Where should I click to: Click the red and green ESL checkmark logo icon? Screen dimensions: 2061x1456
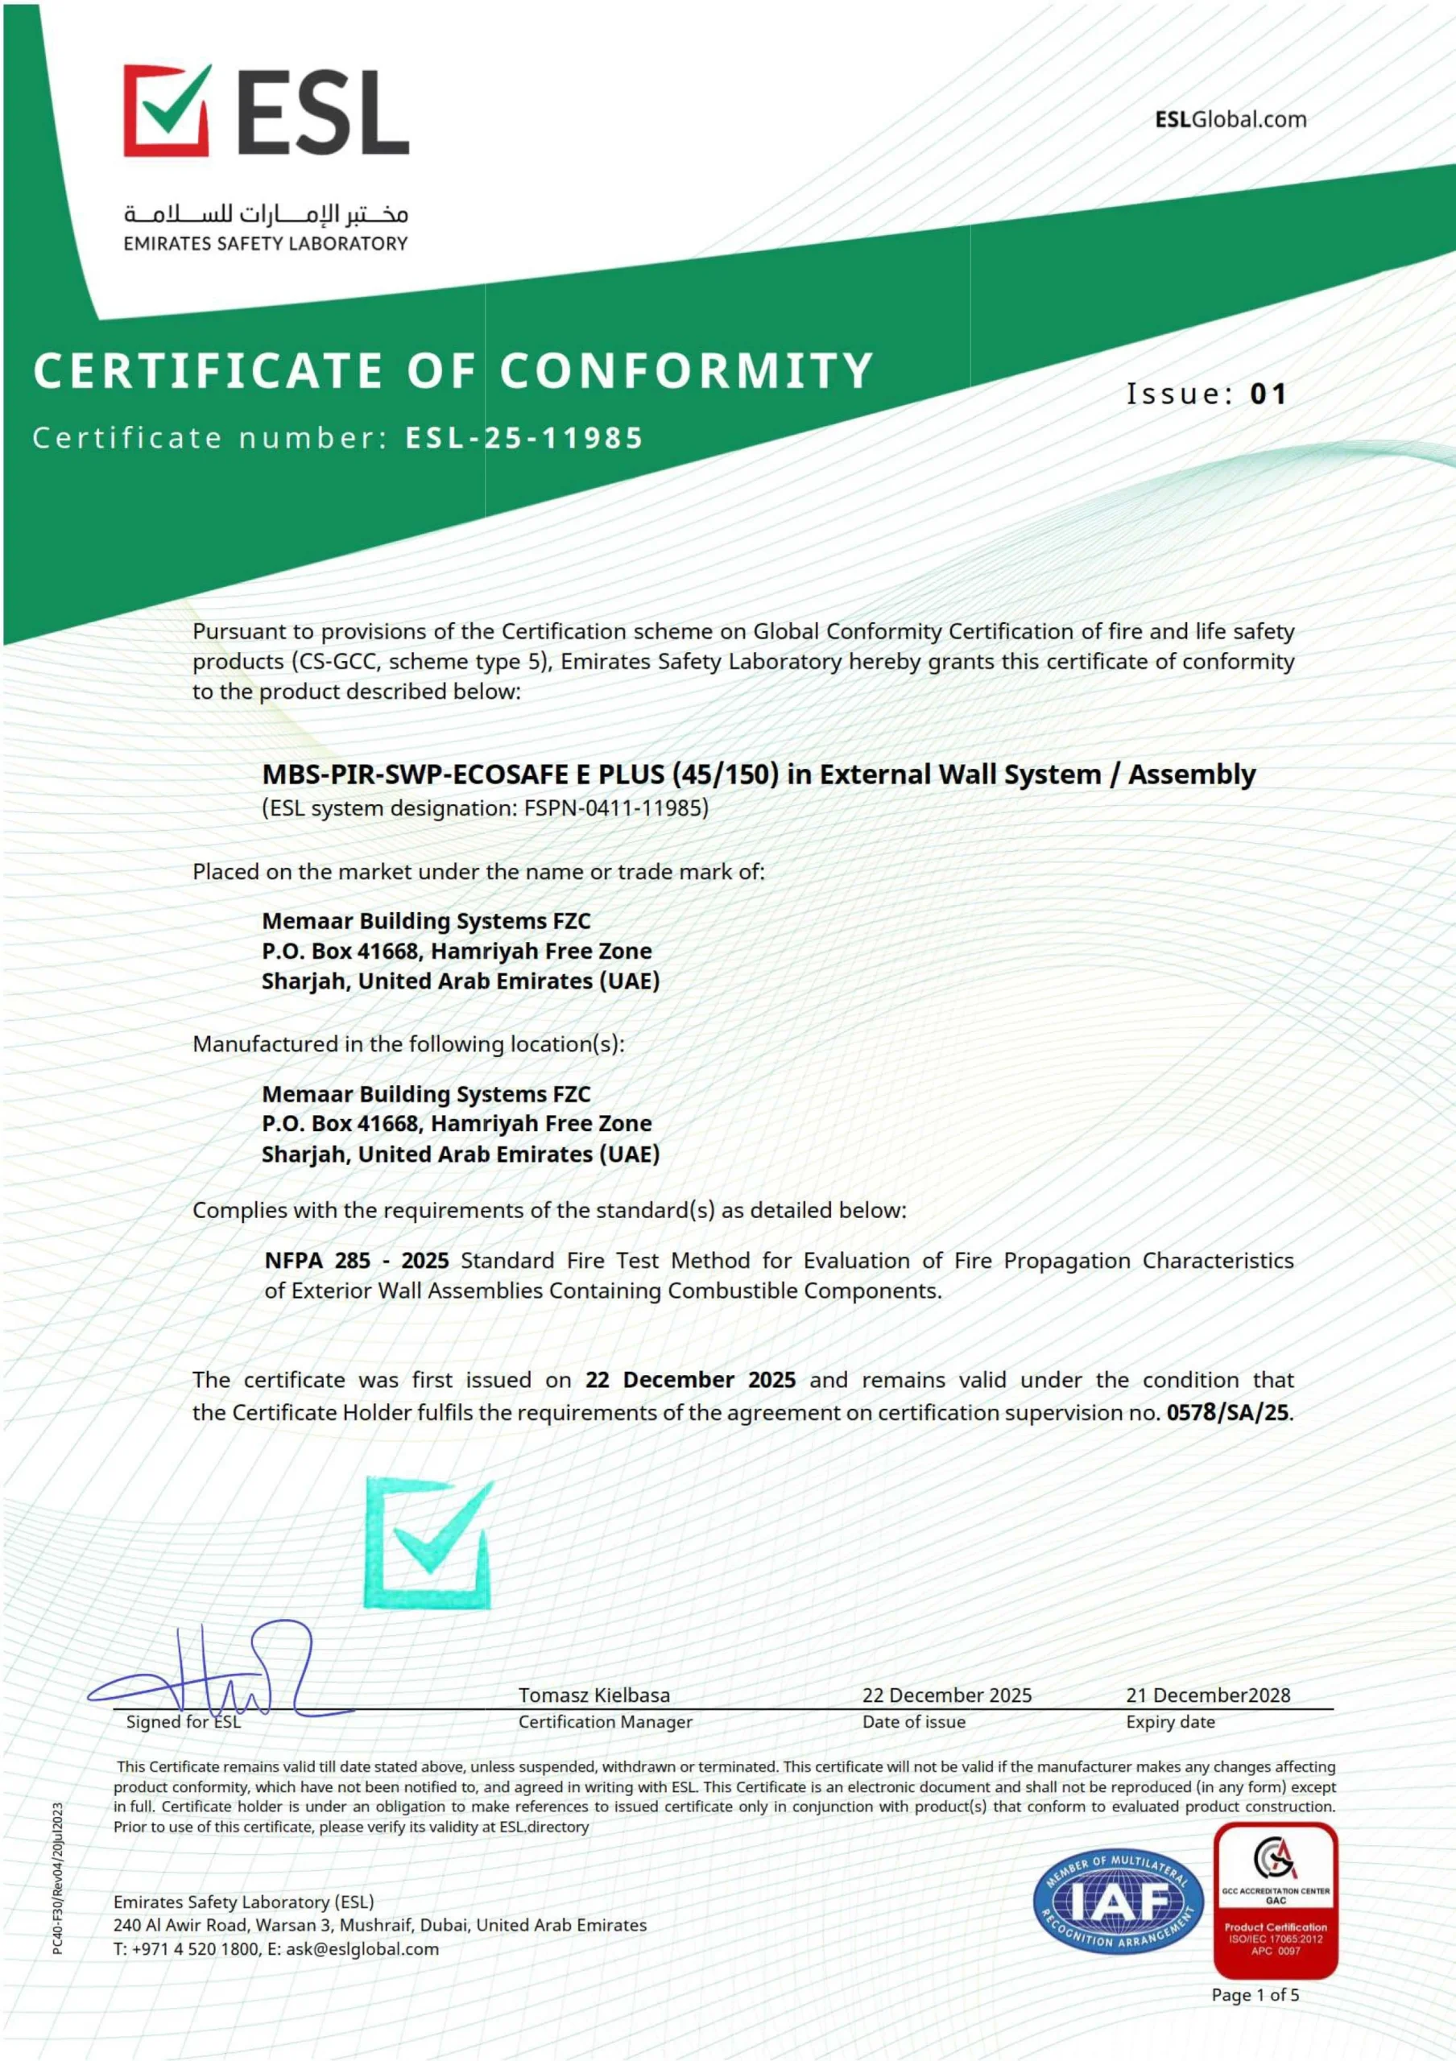pos(168,109)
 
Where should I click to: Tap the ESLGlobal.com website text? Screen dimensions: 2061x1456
pos(1230,119)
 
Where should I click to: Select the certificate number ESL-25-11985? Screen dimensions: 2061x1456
pos(525,438)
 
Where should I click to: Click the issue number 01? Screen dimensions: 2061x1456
pos(1268,393)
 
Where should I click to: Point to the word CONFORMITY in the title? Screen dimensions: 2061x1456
pos(687,370)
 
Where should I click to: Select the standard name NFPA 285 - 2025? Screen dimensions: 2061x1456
pos(357,1260)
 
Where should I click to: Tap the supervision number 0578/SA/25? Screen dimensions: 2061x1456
pos(1227,1412)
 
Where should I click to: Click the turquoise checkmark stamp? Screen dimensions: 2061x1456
pos(429,1543)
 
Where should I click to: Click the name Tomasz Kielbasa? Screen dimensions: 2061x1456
pos(594,1695)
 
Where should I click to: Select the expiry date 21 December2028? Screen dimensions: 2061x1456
pos(1207,1695)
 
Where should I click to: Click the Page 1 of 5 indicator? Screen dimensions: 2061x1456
pos(1255,1994)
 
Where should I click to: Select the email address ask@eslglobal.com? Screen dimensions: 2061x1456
pos(362,1949)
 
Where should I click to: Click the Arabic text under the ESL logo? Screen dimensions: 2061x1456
pos(266,214)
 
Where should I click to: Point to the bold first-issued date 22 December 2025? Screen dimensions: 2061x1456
pos(690,1380)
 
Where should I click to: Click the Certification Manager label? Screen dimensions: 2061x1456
pos(605,1722)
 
